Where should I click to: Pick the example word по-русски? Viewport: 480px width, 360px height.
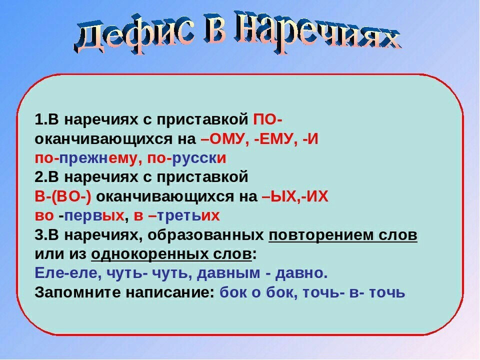(186, 158)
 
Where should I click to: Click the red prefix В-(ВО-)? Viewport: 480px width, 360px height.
(63, 196)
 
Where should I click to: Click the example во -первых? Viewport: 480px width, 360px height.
(79, 215)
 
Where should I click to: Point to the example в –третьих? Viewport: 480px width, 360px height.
(177, 215)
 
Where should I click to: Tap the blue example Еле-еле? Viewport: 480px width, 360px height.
(68, 272)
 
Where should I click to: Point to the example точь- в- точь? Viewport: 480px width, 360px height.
(354, 292)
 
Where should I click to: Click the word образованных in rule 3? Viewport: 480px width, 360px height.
(205, 235)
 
